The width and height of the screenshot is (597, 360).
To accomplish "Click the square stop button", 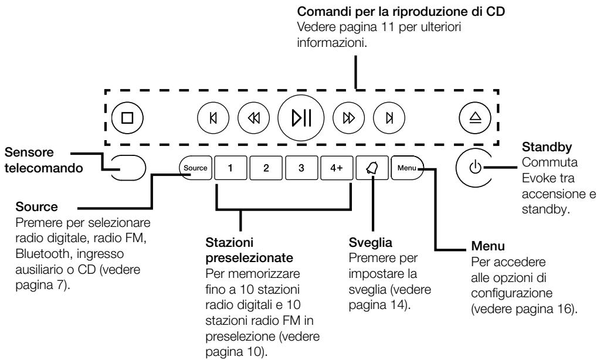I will click(x=127, y=117).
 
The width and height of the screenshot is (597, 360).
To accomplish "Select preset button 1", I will click(x=230, y=168).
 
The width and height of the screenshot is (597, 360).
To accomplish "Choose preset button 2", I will click(x=266, y=168).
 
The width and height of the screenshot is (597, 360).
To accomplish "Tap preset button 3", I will click(x=301, y=168).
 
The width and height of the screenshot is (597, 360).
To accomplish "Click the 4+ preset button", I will click(x=337, y=168).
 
